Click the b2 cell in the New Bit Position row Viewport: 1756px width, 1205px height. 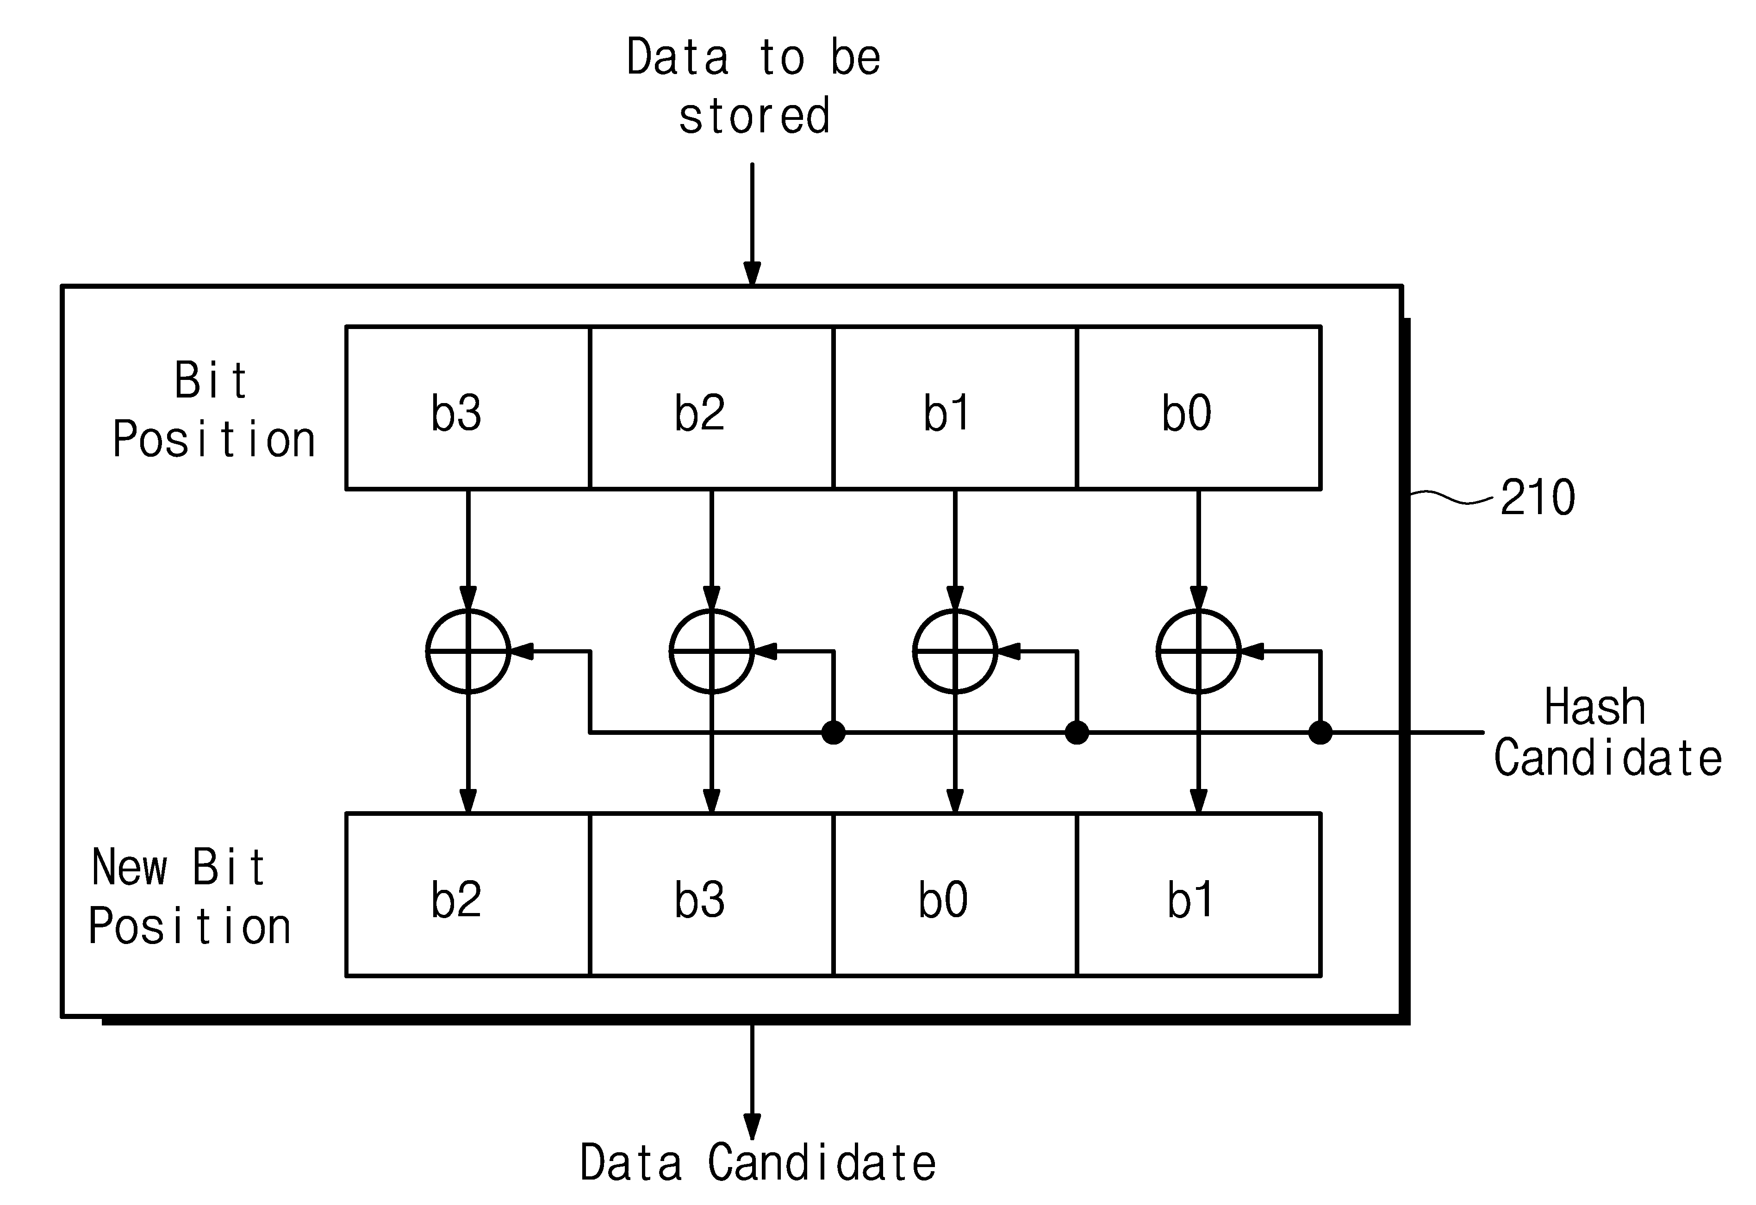coord(468,894)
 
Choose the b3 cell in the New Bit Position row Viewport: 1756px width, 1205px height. coord(711,894)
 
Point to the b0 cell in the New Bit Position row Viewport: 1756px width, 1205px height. coord(955,894)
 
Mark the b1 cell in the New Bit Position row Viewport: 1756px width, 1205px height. coord(1198,894)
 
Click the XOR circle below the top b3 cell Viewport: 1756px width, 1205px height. coord(426,651)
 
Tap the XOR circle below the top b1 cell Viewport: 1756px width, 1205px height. coord(914,651)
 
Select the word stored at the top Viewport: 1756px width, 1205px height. coord(754,116)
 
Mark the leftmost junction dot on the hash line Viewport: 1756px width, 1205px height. coord(834,732)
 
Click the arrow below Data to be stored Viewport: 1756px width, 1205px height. coord(752,224)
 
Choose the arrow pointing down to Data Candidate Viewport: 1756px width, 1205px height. coord(752,1081)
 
